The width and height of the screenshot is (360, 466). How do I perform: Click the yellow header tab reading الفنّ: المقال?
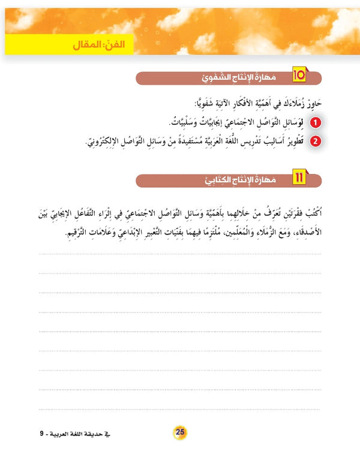(89, 46)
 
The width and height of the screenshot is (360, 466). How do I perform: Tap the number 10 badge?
(299, 76)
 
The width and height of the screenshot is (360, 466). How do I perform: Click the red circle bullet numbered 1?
(316, 122)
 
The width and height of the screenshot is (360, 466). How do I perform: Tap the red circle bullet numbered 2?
(316, 142)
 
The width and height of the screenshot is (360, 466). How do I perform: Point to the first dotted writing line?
(180, 254)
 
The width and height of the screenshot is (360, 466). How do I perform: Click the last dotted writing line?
(180, 407)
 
